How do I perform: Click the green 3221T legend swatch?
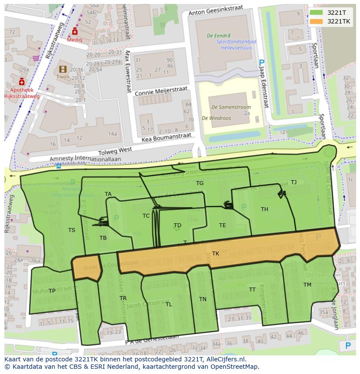coord(317,13)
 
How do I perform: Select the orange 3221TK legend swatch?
coord(317,21)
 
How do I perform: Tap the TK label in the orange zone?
coord(216,253)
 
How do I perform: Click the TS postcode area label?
coord(72,230)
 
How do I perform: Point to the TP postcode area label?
coord(52,291)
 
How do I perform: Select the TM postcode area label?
coord(307,285)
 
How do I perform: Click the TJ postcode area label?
coord(293,182)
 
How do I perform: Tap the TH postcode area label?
coord(264,209)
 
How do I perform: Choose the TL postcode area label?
coord(169,304)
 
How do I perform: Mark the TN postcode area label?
coord(203,299)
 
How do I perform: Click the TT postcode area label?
coord(252,289)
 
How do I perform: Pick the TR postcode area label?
coord(123,298)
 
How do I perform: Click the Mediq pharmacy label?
coord(74,40)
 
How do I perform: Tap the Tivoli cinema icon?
coord(63,69)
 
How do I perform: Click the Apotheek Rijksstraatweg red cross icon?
coord(22,82)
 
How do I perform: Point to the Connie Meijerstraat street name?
coord(161,91)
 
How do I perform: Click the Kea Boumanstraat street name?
coord(167,138)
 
